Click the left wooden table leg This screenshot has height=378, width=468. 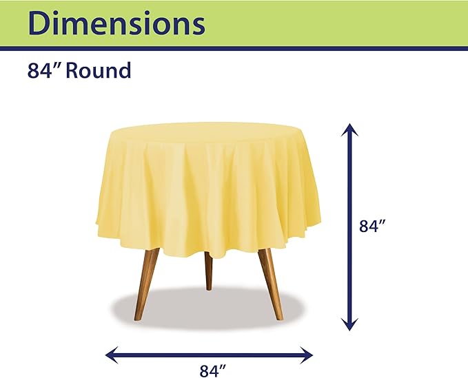(x=147, y=279)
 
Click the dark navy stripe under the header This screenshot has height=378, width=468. (x=234, y=48)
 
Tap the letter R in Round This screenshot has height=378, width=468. (x=75, y=71)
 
